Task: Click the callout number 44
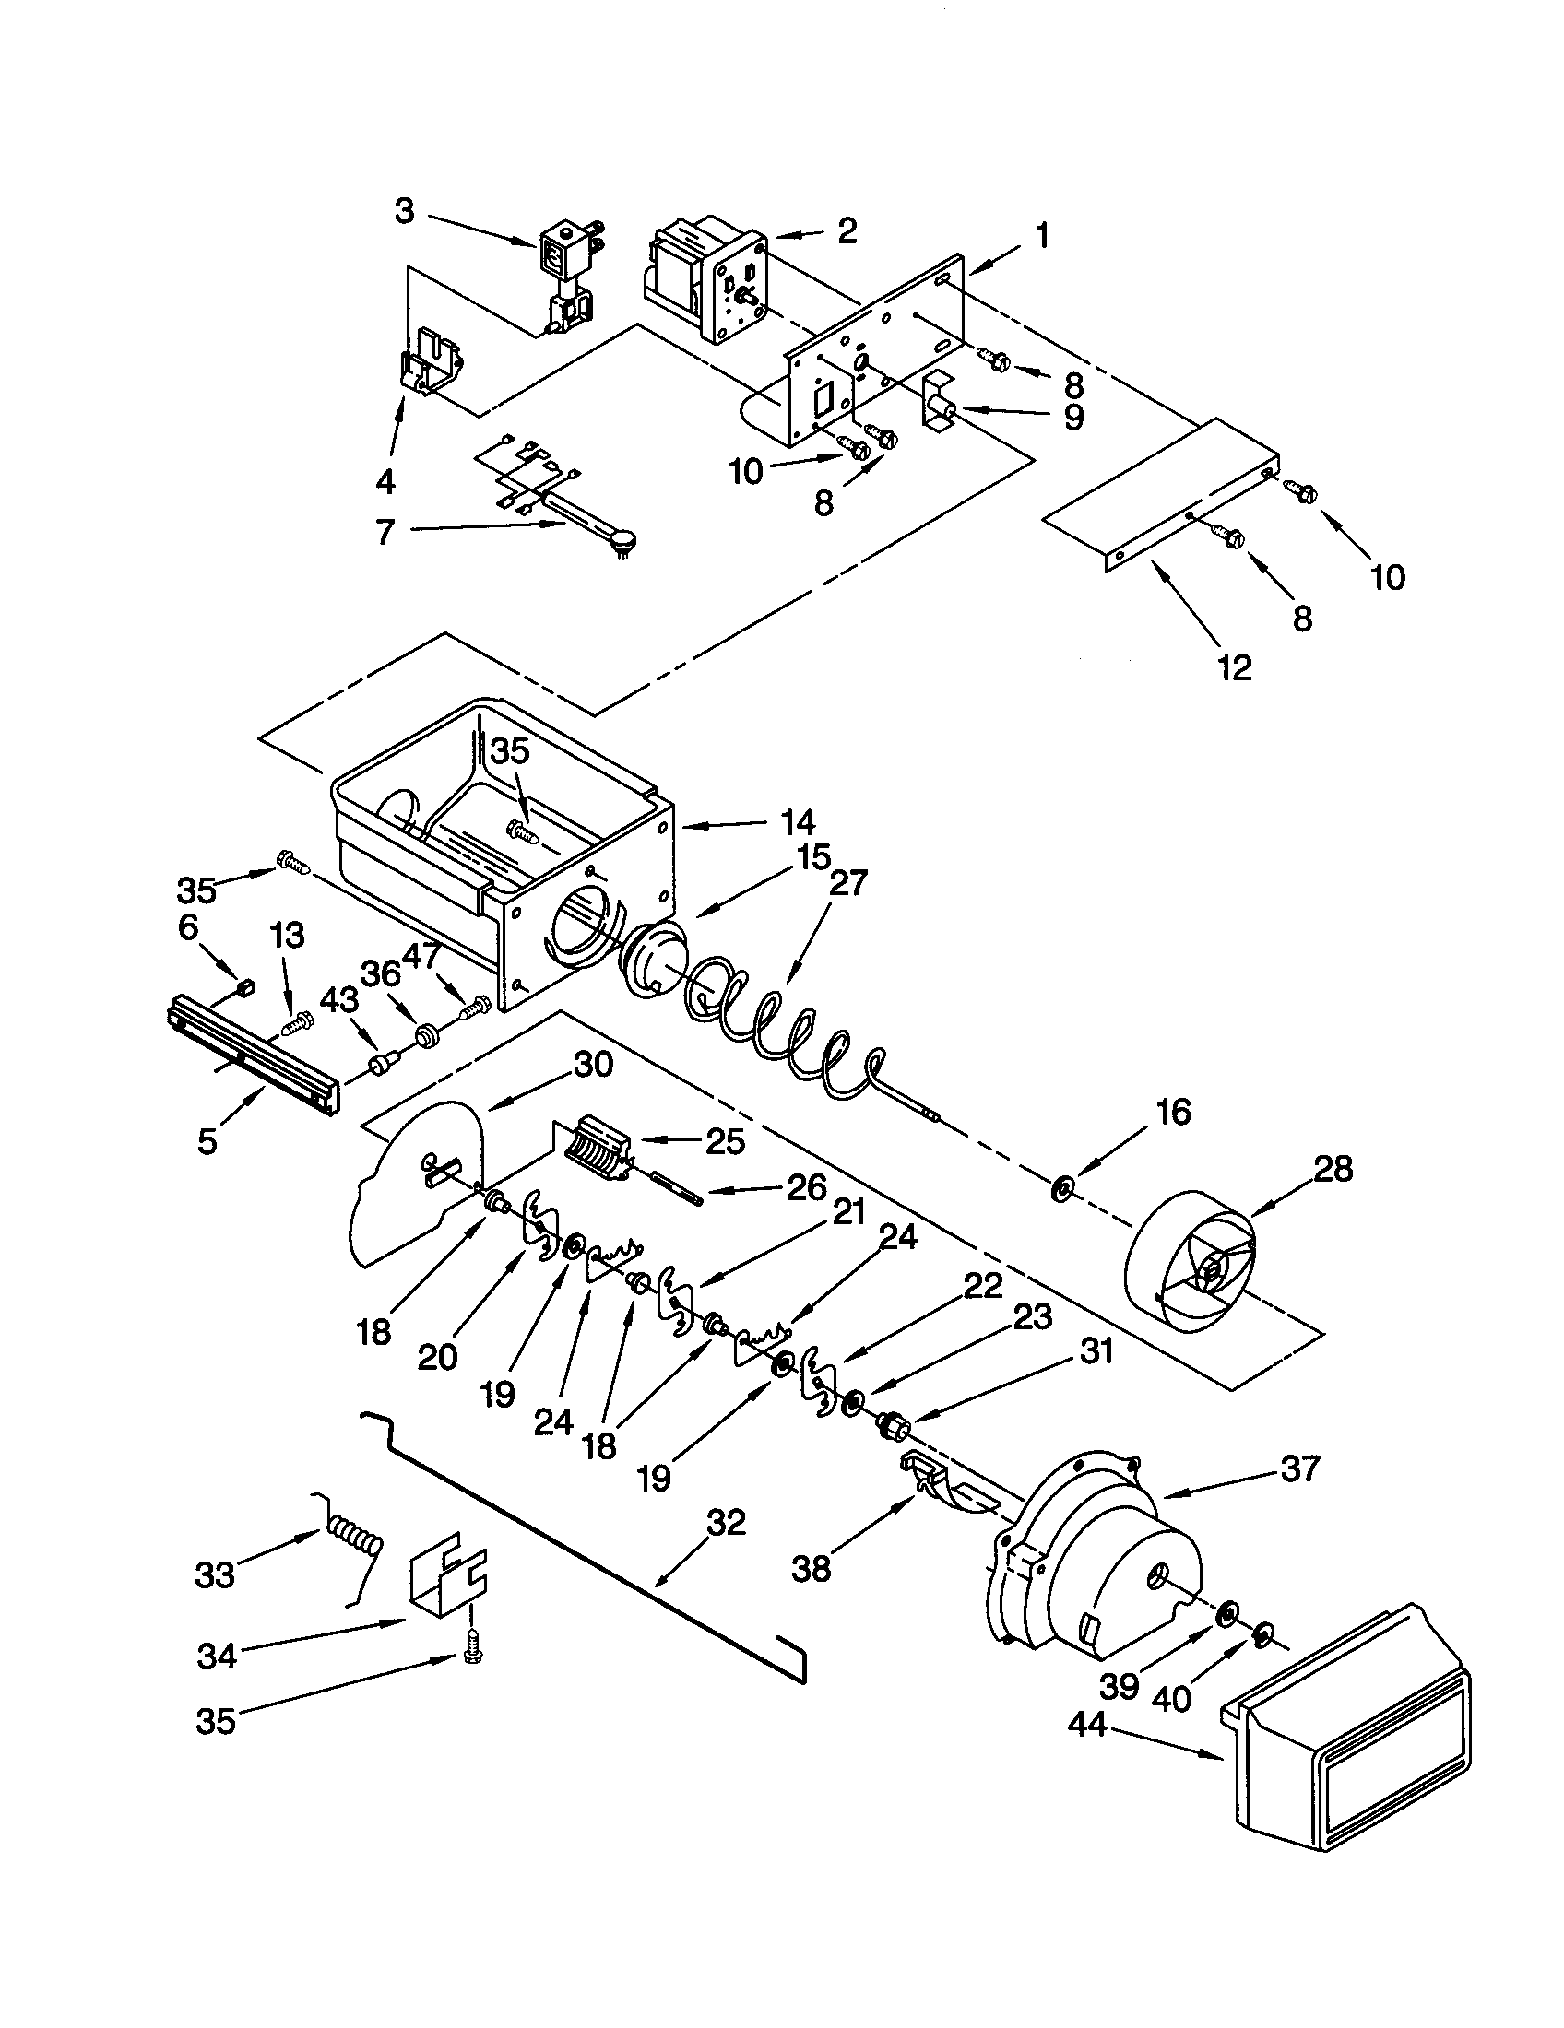point(1087,1725)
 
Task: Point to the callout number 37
point(1299,1469)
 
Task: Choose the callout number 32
point(726,1523)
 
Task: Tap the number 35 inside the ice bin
point(510,751)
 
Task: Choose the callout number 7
point(385,531)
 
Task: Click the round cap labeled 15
point(656,960)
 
